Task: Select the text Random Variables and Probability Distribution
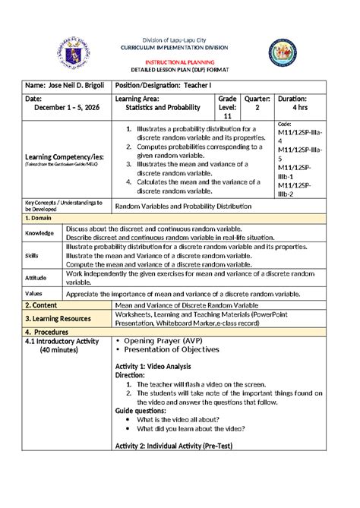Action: click(x=193, y=207)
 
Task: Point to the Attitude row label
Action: click(x=37, y=278)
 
